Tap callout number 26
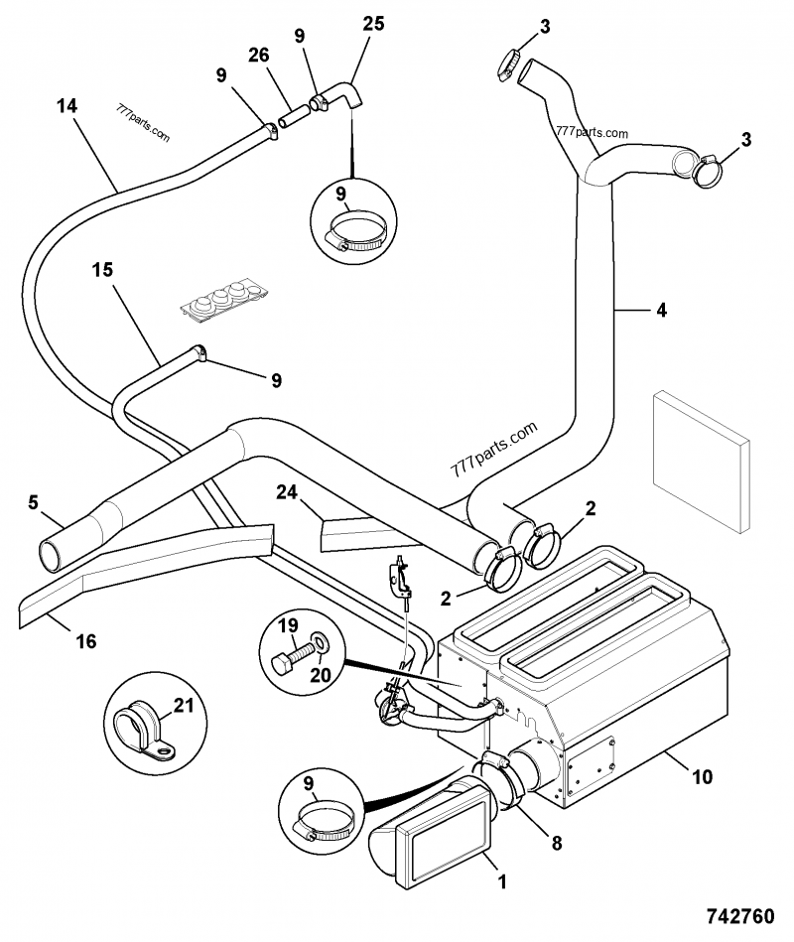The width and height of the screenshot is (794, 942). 259,56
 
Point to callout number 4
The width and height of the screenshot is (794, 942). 660,310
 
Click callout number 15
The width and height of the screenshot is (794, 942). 103,269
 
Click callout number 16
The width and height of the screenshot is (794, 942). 85,641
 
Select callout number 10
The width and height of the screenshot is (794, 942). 701,777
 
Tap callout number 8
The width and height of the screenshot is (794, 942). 556,843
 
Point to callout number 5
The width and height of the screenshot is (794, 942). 33,502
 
